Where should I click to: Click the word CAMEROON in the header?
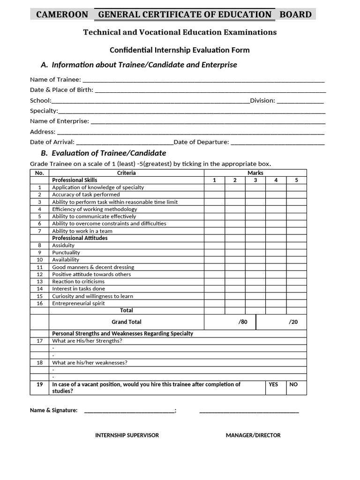click(62, 15)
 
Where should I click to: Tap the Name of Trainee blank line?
click(203, 80)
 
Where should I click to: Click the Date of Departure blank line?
click(277, 142)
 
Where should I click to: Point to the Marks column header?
click(255, 173)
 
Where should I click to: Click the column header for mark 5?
click(296, 180)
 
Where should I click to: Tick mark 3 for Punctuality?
click(255, 253)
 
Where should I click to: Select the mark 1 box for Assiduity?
click(214, 245)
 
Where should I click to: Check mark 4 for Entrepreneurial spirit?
click(276, 303)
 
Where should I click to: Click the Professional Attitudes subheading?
click(80, 238)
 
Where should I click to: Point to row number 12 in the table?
click(39, 274)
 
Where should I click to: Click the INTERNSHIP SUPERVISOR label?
click(127, 435)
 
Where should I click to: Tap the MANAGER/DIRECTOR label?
click(253, 435)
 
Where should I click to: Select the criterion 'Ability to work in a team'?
click(82, 231)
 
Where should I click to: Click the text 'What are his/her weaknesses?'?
click(90, 362)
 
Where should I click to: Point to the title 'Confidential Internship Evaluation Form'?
click(180, 50)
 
